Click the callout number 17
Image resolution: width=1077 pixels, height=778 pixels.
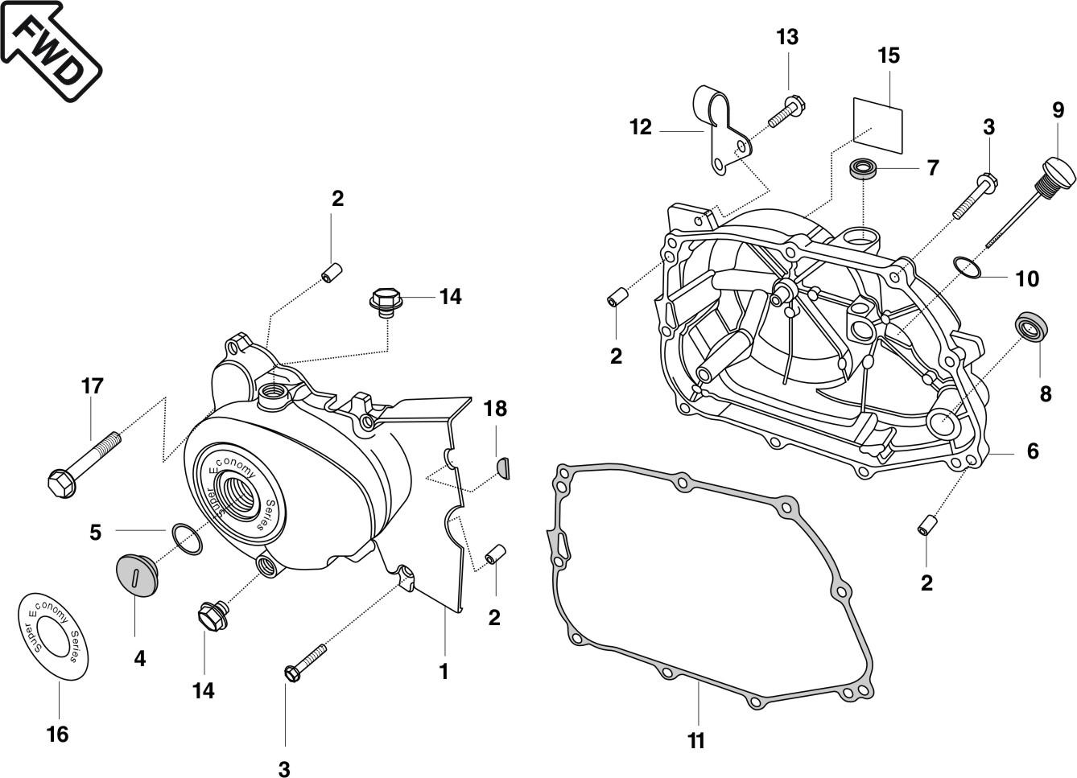93,386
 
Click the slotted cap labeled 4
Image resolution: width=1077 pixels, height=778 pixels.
134,573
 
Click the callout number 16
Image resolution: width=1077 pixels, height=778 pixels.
57,734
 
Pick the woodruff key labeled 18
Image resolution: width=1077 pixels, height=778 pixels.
501,466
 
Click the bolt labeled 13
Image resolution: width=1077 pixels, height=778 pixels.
786,112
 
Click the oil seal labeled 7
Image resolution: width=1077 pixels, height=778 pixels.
866,170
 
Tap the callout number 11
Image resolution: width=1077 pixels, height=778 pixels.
696,740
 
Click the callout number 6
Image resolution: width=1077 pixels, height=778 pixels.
1032,451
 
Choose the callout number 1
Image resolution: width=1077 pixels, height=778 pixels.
444,671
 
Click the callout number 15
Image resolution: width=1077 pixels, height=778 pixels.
889,56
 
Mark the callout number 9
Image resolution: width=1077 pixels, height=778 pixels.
1058,109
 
